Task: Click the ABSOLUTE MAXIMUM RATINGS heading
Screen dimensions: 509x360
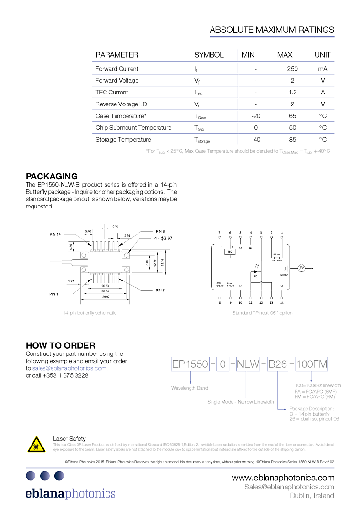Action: (272, 30)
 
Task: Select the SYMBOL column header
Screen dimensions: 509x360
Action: (209, 55)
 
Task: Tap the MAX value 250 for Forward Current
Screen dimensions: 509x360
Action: (292, 69)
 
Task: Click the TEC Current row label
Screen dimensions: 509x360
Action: (112, 92)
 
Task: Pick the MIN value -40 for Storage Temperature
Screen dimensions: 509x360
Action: (255, 139)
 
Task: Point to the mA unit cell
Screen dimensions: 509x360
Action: (323, 69)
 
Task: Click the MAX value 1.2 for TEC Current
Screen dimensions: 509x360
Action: (292, 92)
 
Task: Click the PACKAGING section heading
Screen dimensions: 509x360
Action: (52, 177)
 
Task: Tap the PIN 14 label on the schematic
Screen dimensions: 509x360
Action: (55, 234)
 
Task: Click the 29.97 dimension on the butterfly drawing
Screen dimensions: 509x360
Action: (105, 296)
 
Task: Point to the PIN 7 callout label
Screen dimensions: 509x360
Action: (160, 290)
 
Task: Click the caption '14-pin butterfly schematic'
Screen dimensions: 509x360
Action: (90, 313)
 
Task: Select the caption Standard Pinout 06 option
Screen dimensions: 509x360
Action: (262, 313)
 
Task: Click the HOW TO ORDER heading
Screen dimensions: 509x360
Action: (60, 345)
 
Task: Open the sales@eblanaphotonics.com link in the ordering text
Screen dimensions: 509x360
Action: (69, 368)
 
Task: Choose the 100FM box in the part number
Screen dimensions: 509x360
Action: (311, 364)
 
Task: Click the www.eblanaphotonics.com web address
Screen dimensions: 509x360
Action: (283, 478)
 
